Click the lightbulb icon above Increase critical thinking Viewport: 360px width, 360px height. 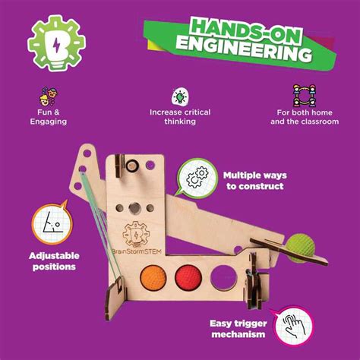click(x=180, y=96)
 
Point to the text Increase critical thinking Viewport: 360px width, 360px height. click(x=180, y=117)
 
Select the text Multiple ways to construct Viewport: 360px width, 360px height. click(x=254, y=180)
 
